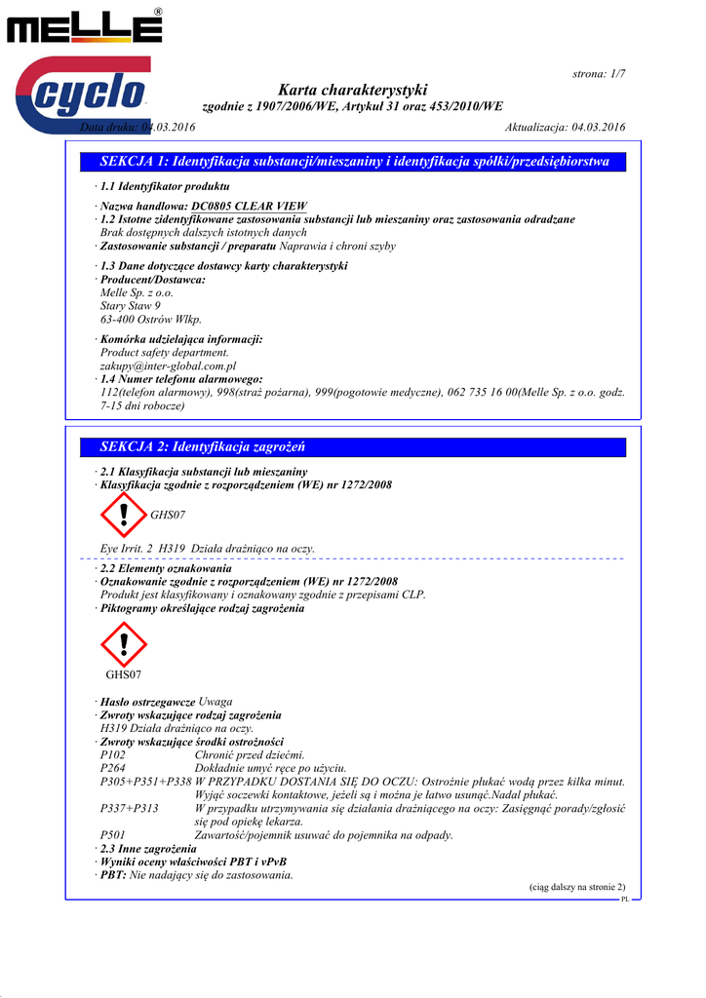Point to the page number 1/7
click(599, 74)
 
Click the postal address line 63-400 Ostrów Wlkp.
click(151, 319)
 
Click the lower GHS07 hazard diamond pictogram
click(123, 644)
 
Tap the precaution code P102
click(113, 755)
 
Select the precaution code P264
click(113, 768)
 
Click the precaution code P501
click(113, 835)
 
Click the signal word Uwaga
click(216, 702)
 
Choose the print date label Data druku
click(108, 128)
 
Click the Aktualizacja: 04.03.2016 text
click(566, 128)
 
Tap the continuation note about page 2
click(577, 887)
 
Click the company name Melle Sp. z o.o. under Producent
click(137, 292)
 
